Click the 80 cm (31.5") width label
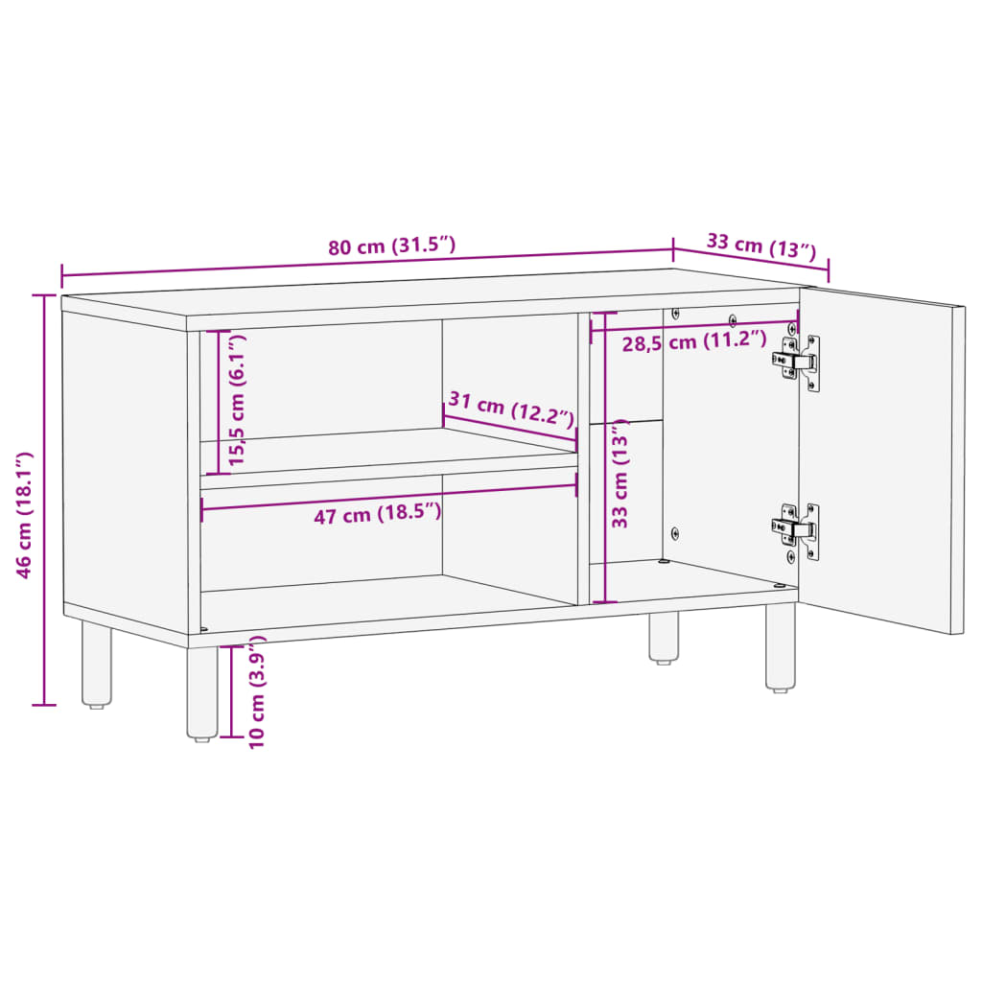point(391,246)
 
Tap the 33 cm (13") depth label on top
point(761,245)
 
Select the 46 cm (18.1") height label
point(27,515)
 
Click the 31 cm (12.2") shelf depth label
point(511,409)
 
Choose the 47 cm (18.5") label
point(378,515)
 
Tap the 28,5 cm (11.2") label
point(694,341)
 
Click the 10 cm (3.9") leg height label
point(256,698)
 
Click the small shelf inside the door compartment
point(625,421)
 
